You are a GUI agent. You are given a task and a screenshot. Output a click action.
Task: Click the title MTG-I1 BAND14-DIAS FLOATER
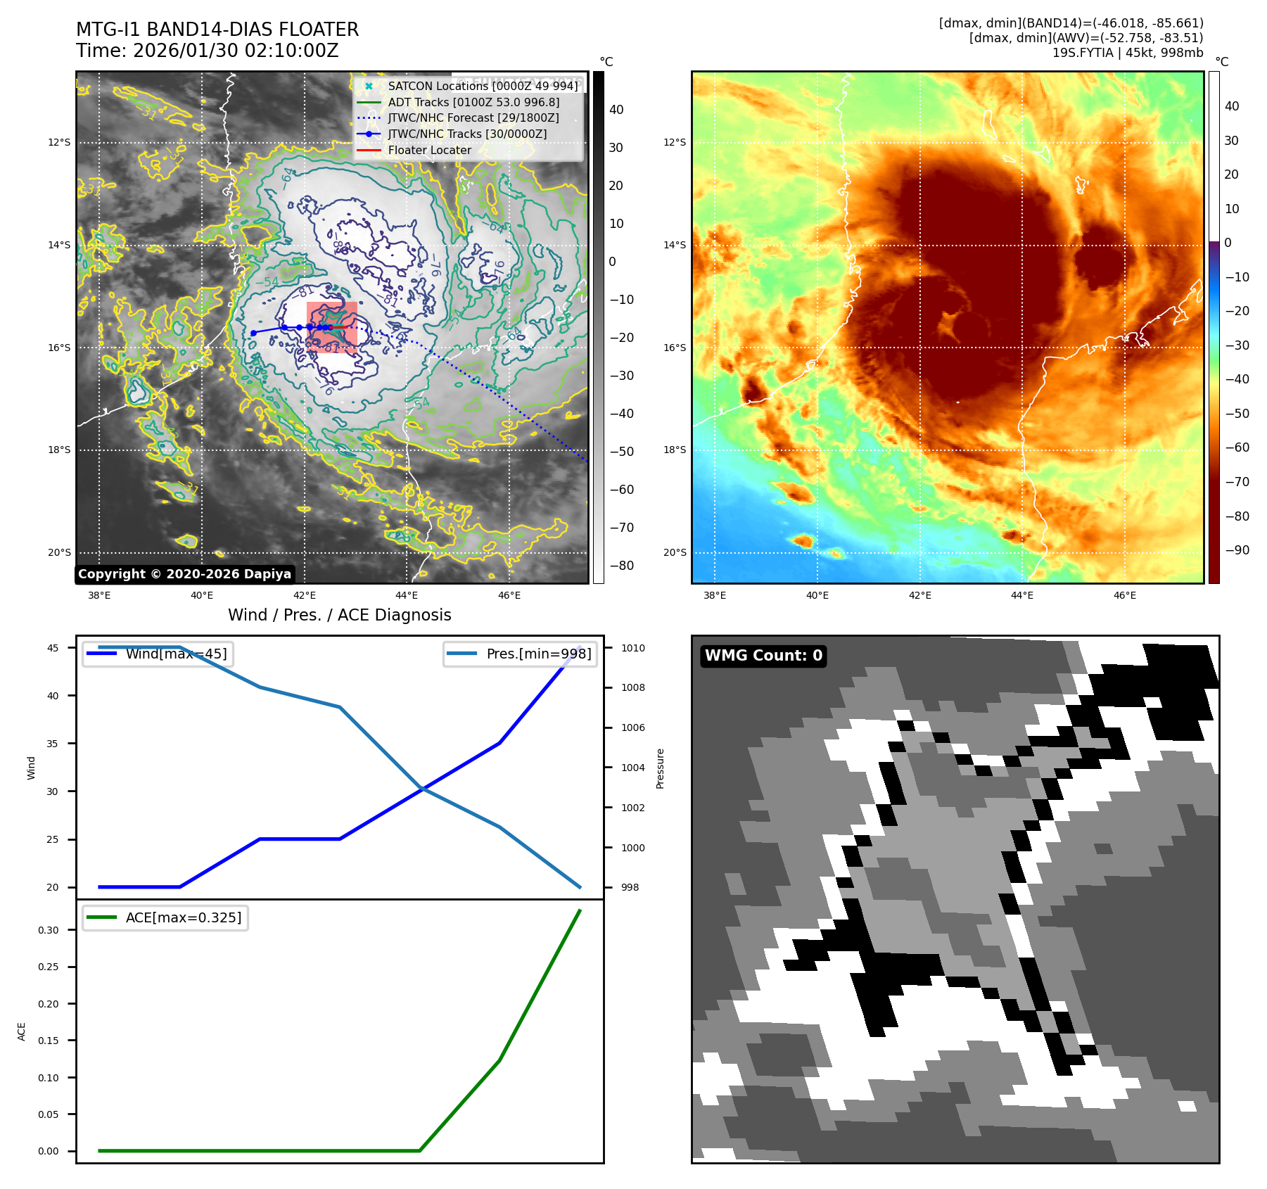(x=217, y=30)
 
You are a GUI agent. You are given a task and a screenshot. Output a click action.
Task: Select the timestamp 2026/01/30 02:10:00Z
(x=236, y=51)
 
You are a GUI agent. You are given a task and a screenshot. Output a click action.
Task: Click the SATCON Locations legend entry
(x=483, y=86)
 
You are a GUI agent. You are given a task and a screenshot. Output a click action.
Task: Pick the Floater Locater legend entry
(x=429, y=150)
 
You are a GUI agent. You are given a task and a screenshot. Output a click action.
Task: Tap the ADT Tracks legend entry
(x=473, y=102)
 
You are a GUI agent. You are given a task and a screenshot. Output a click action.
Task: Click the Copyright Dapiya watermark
(x=184, y=574)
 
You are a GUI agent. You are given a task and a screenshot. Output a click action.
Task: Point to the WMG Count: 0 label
(x=763, y=656)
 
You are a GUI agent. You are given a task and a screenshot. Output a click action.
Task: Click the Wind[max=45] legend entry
(x=176, y=654)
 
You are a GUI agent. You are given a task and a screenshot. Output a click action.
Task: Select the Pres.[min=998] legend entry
(x=539, y=654)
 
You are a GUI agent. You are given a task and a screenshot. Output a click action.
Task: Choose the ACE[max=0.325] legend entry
(x=183, y=917)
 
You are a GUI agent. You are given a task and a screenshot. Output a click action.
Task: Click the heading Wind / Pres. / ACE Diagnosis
(x=340, y=615)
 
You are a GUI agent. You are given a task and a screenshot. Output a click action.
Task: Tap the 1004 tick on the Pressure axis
(x=632, y=768)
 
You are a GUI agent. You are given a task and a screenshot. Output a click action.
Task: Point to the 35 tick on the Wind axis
(x=53, y=744)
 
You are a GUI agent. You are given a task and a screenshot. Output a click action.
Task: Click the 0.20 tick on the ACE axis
(x=49, y=1004)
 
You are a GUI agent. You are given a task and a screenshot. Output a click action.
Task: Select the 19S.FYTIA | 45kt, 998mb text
(x=1127, y=53)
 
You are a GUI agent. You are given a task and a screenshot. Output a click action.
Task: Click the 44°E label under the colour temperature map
(x=1021, y=595)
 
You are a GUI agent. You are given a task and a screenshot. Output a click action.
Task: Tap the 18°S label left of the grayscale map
(x=59, y=450)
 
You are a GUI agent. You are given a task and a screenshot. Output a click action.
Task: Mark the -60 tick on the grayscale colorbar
(x=621, y=490)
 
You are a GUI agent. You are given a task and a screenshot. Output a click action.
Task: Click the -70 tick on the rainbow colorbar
(x=1237, y=482)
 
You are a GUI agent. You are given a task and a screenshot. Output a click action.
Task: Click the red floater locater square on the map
(x=332, y=327)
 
